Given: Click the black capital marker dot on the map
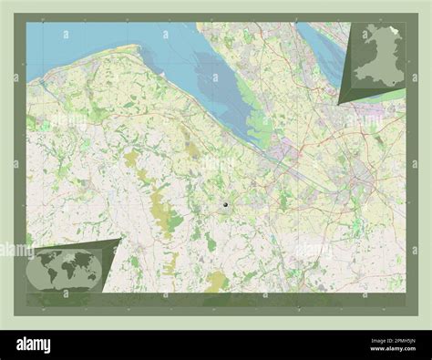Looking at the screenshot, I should pos(224,206).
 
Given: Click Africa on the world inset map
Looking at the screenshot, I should pos(65,271).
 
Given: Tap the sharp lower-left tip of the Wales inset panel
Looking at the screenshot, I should pos(340,105).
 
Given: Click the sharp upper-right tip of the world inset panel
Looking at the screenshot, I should pos(120,240).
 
